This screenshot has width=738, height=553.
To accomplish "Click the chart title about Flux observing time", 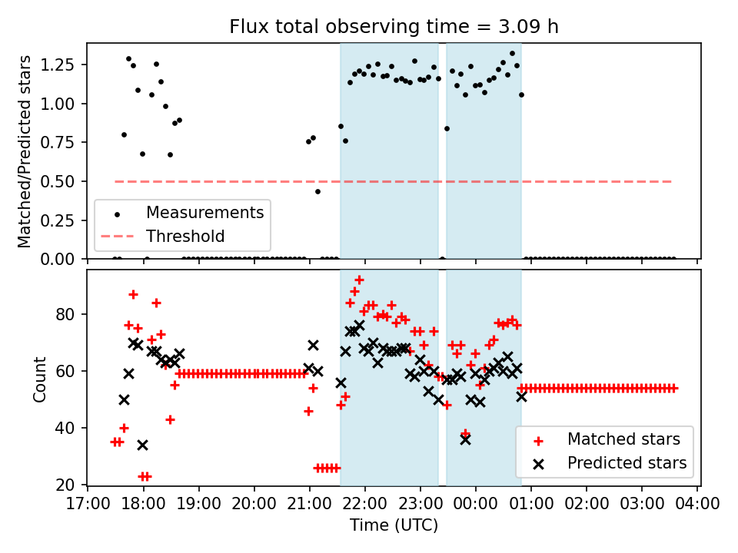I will tap(394, 27).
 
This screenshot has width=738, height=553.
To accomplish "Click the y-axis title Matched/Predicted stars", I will tap(25, 151).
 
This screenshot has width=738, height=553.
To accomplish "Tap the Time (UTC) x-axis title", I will tap(394, 526).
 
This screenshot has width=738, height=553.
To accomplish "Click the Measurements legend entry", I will tap(204, 213).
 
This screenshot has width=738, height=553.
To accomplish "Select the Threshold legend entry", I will tap(184, 236).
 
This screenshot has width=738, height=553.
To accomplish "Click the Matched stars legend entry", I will tap(623, 440).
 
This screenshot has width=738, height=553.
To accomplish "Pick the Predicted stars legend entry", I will tap(626, 463).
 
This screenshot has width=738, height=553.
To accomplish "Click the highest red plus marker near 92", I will tap(359, 280).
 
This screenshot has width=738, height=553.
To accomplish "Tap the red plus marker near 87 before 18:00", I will tap(133, 294).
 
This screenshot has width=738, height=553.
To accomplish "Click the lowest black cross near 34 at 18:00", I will tap(142, 445).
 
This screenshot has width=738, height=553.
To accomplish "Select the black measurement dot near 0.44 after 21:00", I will tap(317, 191).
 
